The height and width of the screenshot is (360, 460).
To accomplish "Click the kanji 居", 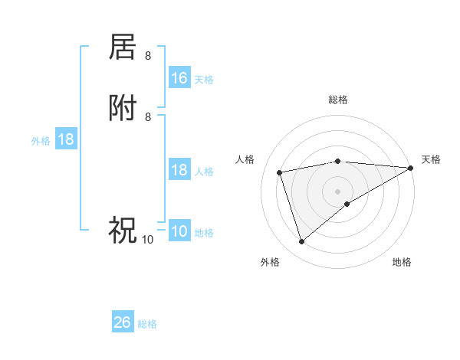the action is (x=123, y=47).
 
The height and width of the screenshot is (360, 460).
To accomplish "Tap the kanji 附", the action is (x=123, y=109).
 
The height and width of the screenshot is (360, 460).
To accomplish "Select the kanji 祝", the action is (x=123, y=228).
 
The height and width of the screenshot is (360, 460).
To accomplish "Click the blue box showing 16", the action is (x=179, y=78).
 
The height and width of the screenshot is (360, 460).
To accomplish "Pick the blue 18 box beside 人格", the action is (x=179, y=170).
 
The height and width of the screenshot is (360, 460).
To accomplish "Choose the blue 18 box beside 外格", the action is (x=66, y=139).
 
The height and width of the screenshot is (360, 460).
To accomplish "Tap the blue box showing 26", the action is (x=123, y=322).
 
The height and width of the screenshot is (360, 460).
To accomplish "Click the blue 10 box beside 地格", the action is (x=179, y=232).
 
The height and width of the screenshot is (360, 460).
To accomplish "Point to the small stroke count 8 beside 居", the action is (x=148, y=55).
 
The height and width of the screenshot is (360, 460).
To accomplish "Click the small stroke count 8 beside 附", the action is (x=148, y=116).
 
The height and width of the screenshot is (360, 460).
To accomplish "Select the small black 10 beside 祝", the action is (x=147, y=240).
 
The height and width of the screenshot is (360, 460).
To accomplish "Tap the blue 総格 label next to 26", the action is (x=148, y=324).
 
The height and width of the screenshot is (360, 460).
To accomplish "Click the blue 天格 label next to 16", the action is (x=204, y=80).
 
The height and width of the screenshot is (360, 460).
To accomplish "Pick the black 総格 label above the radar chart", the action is (x=338, y=100).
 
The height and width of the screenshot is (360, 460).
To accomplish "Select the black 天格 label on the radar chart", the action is (x=431, y=159).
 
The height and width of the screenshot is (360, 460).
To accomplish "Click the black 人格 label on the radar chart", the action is (x=245, y=159).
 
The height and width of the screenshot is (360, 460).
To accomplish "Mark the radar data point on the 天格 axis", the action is (x=411, y=168).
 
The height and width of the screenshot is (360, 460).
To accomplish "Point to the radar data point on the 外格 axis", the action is (x=301, y=242).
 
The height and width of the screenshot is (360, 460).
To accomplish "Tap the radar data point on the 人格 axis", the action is (x=280, y=172).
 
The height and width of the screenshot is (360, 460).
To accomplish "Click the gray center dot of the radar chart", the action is (x=338, y=191).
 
